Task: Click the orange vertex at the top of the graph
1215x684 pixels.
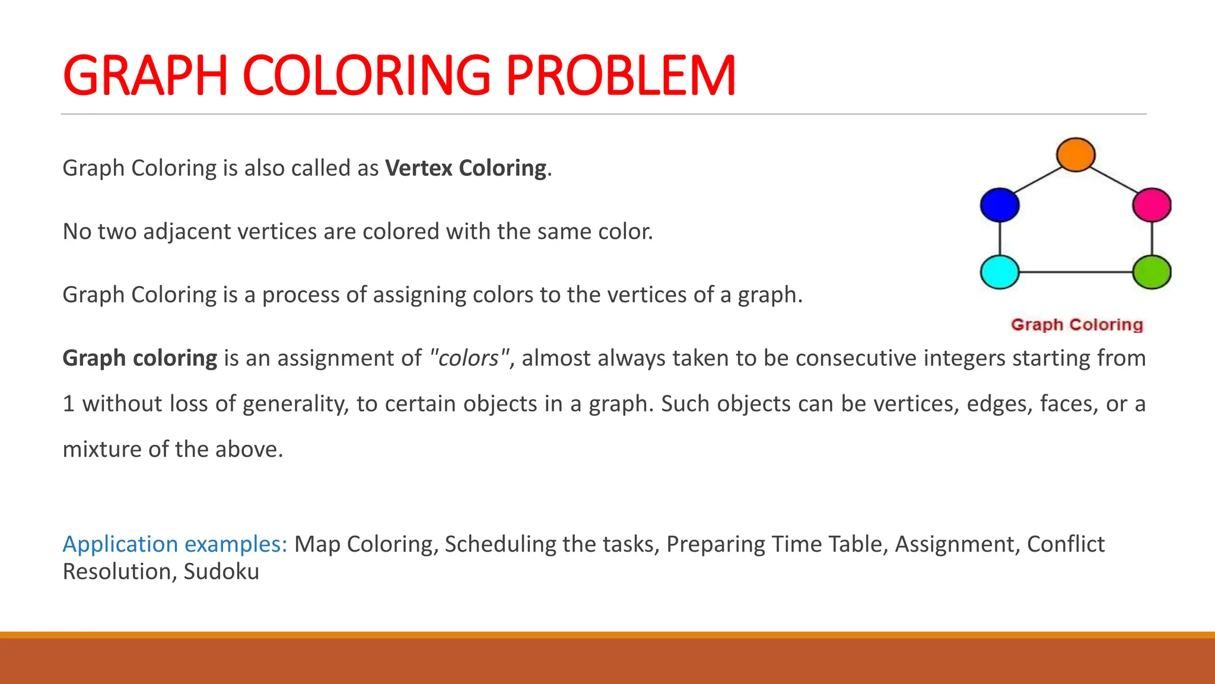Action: pyautogui.click(x=1076, y=154)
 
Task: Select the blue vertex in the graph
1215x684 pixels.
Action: pyautogui.click(x=1000, y=205)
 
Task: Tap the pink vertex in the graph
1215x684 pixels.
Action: pyautogui.click(x=1152, y=205)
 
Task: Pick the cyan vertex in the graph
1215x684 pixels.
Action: pyautogui.click(x=1000, y=272)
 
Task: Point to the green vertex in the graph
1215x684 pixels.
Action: pyautogui.click(x=1152, y=272)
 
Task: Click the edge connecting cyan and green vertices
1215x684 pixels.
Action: pyautogui.click(x=1076, y=272)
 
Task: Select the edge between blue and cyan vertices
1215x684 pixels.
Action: pyautogui.click(x=1000, y=239)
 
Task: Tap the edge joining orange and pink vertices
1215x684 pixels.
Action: pyautogui.click(x=1114, y=179)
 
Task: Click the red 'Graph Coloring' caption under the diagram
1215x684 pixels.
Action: pyautogui.click(x=1077, y=325)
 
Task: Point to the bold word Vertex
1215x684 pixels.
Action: pyautogui.click(x=419, y=168)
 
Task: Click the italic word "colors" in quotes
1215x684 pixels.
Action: pyautogui.click(x=469, y=358)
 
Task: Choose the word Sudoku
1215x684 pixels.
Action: pyautogui.click(x=221, y=571)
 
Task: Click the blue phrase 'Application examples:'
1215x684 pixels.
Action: pyautogui.click(x=175, y=544)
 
